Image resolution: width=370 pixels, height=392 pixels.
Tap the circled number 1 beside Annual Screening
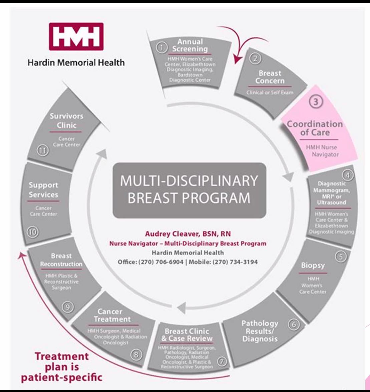161,48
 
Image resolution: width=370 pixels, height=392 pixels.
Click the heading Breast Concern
270,77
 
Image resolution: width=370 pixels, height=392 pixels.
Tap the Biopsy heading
313,266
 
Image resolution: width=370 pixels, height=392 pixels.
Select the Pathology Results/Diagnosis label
260,331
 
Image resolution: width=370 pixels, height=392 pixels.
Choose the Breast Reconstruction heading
61,260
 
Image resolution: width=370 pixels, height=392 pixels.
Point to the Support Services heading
43,189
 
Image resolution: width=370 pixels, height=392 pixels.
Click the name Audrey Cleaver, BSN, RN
188,234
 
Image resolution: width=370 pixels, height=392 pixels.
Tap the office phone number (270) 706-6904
160,262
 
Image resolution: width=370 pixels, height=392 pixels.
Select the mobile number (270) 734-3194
234,262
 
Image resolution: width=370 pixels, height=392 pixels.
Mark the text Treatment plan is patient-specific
62,367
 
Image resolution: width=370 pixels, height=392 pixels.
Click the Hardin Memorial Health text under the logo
76,62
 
